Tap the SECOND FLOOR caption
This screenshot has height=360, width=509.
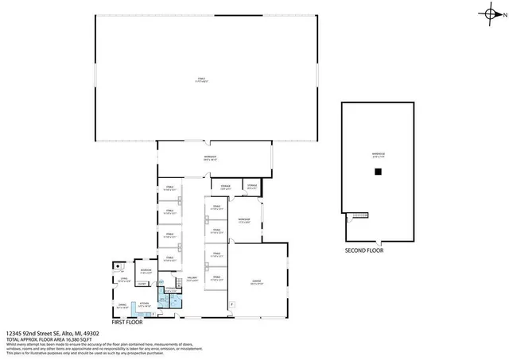[x=365, y=250]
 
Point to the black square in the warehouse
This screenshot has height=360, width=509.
[x=380, y=171]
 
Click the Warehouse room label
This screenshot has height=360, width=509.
[x=379, y=154]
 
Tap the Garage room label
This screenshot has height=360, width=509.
[x=257, y=282]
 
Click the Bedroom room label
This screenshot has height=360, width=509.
[x=146, y=271]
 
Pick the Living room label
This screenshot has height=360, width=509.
[x=124, y=281]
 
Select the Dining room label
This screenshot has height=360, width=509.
[x=122, y=305]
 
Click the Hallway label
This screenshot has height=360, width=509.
[x=192, y=280]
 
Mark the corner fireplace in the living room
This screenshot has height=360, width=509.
[x=116, y=267]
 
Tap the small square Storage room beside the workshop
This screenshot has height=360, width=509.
[x=252, y=187]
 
